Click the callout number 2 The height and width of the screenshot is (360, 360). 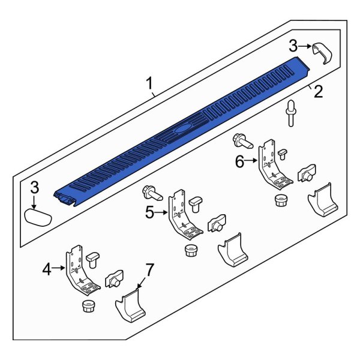(x=318, y=92)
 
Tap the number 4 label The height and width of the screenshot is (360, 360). (x=47, y=270)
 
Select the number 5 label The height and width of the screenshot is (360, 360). (x=150, y=211)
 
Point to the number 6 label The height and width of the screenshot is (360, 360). (x=239, y=161)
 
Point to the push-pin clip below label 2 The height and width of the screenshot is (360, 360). (x=292, y=113)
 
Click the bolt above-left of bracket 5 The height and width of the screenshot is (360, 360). (x=150, y=193)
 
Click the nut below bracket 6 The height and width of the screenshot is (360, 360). (x=280, y=200)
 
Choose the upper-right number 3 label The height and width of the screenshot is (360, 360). (x=293, y=45)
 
